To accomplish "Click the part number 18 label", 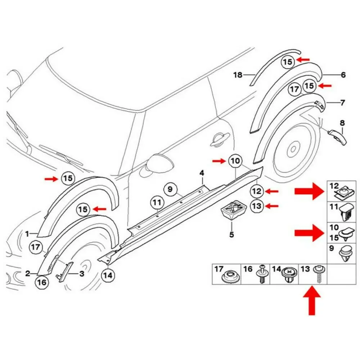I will (238, 75).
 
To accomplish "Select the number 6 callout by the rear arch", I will (343, 75).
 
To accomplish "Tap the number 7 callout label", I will (342, 103).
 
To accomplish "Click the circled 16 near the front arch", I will (42, 283).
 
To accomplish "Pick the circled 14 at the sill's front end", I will (108, 276).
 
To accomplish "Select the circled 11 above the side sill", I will (157, 203).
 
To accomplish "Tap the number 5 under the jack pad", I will (231, 235).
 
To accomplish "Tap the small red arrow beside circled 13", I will (273, 206).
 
